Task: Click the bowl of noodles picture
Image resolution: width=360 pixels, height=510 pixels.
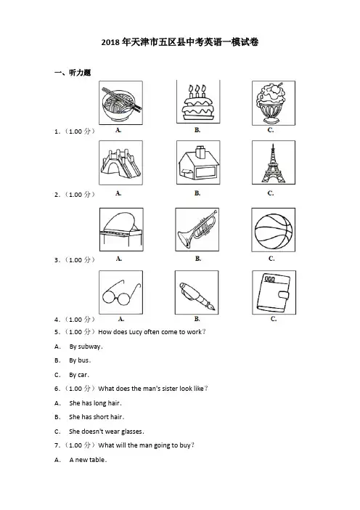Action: [x=121, y=102]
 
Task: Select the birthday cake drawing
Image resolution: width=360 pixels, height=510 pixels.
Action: [x=198, y=102]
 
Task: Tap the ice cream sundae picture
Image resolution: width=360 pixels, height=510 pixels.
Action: [x=274, y=102]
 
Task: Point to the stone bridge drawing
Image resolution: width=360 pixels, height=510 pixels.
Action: [x=121, y=163]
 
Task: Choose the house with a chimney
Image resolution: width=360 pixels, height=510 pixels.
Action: [x=198, y=162]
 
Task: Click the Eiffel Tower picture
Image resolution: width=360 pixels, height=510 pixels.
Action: [x=274, y=162]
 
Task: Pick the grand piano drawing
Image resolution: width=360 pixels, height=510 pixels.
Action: [x=121, y=230]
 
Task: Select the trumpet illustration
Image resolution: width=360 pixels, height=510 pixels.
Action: [x=197, y=230]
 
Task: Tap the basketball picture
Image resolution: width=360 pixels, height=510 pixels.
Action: [x=273, y=230]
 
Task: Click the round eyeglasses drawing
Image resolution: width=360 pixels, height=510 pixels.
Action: [x=121, y=292]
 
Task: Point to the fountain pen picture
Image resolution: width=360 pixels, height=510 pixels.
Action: [x=197, y=292]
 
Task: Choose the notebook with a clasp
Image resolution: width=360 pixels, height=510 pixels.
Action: [x=274, y=292]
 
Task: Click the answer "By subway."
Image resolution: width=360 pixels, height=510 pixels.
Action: [x=86, y=347]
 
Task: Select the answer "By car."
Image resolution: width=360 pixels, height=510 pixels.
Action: [x=79, y=375]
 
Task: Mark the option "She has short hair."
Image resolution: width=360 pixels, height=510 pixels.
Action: [x=97, y=417]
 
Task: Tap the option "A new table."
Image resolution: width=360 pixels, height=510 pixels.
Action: [x=88, y=460]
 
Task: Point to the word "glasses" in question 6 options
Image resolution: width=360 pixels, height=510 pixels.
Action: [x=131, y=432]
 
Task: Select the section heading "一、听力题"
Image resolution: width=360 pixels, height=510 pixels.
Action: [x=73, y=73]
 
